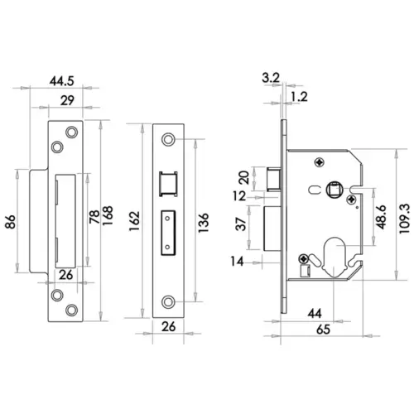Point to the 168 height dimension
point(108,217)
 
